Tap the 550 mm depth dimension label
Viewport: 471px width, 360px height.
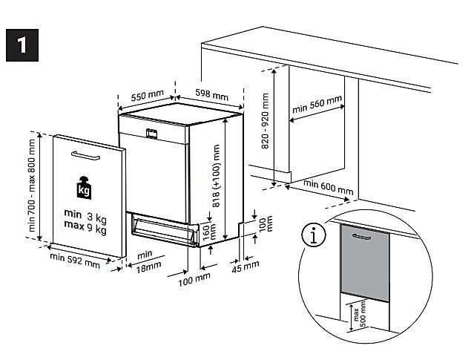147,96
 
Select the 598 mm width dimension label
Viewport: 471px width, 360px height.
211,95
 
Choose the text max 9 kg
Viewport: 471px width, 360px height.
85,229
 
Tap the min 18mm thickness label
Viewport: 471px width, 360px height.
143,261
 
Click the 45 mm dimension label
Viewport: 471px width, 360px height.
246,264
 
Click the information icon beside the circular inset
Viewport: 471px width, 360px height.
314,235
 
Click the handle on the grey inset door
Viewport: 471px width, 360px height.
362,235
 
